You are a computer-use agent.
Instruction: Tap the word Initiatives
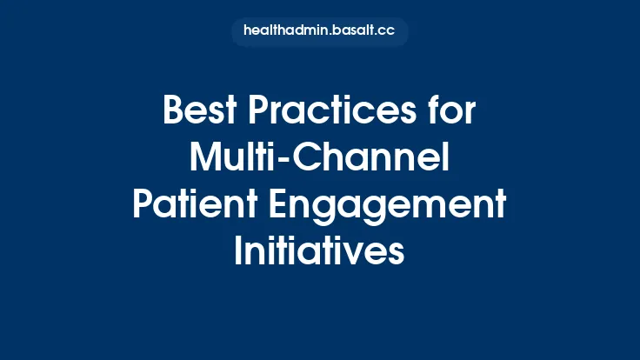click(319, 250)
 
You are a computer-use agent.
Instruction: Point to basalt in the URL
click(353, 31)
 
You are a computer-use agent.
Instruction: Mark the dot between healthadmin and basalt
click(326, 35)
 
